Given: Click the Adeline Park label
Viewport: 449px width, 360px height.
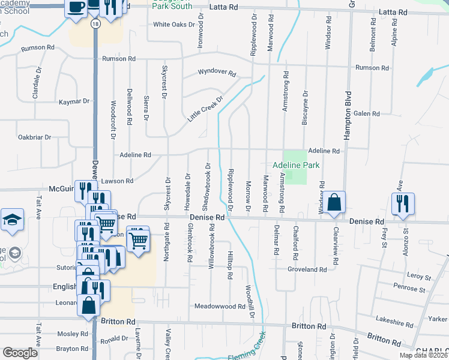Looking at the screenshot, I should (295, 165).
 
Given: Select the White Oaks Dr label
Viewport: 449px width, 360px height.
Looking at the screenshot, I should (174, 25).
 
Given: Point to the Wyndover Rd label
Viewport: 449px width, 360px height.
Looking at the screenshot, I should (217, 72).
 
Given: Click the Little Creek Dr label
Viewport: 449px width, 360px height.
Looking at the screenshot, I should (205, 108).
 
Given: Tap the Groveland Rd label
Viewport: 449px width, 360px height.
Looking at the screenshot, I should (307, 270).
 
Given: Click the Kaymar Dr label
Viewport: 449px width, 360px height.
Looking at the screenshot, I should (74, 101).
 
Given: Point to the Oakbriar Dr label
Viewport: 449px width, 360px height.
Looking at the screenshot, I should (34, 137).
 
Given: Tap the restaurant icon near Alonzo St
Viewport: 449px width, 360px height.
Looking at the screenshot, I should (402, 202).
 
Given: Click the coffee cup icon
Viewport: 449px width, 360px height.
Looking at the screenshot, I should (76, 8).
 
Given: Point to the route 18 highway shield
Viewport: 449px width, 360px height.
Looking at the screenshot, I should (95, 23).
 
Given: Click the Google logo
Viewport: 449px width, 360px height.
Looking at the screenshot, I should (20, 352).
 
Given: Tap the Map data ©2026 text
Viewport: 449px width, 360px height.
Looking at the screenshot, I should (423, 355).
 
